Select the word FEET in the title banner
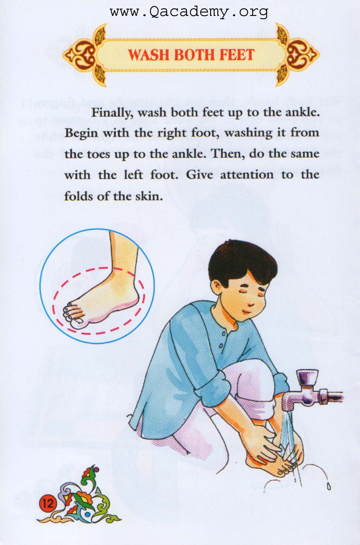[237, 55]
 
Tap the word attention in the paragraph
[247, 175]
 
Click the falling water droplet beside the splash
[328, 486]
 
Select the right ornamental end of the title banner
[297, 55]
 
